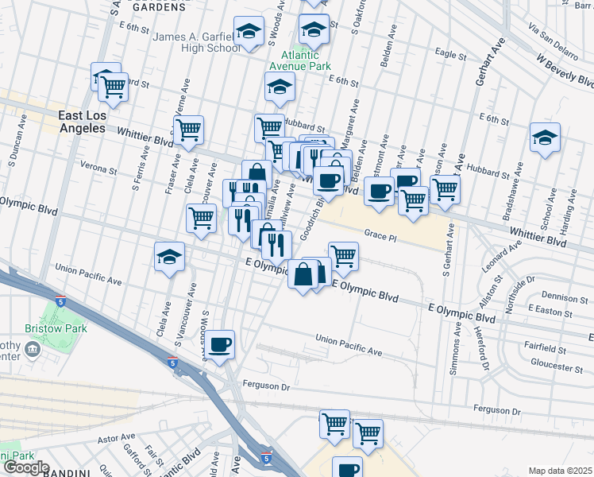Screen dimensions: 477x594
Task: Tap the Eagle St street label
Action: point(450,55)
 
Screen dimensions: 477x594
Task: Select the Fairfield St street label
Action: point(545,348)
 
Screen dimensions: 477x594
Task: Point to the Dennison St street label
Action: point(566,298)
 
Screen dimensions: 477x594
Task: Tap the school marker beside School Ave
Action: point(545,137)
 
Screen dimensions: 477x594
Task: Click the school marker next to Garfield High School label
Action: point(249,32)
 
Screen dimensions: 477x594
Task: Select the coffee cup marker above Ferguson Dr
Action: point(221,344)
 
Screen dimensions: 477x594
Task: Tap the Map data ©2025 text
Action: point(560,471)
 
